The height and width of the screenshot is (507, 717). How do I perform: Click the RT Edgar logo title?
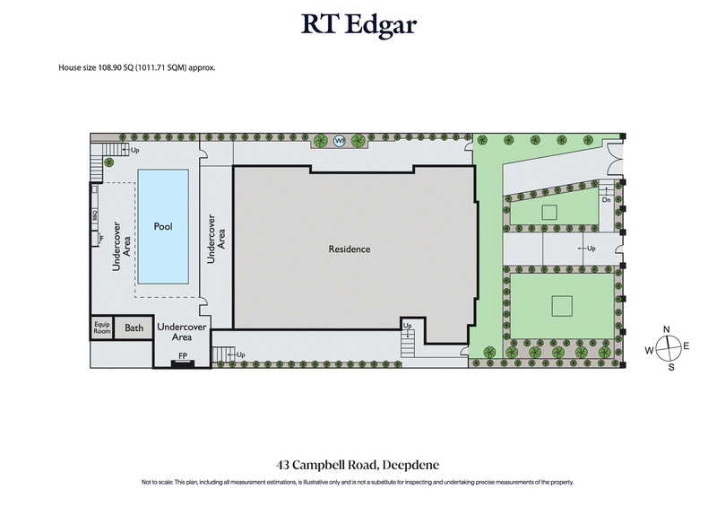click(358, 23)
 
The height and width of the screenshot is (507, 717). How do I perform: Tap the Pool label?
click(162, 226)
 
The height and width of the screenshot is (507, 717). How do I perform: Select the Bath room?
click(134, 328)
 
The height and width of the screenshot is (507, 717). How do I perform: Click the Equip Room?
click(101, 328)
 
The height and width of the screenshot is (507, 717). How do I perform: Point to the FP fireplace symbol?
click(183, 356)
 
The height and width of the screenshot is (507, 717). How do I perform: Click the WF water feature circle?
click(340, 141)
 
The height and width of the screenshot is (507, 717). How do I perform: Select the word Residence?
click(349, 249)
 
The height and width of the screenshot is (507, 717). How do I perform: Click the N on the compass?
click(667, 329)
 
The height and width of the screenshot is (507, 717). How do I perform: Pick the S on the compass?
click(667, 367)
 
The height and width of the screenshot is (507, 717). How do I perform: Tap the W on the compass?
click(648, 348)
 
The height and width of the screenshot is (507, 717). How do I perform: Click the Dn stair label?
click(607, 198)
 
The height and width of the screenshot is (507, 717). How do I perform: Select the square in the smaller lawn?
click(549, 213)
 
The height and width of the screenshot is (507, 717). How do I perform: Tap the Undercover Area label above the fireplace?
click(182, 333)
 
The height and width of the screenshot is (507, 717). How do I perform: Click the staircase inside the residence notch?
click(409, 339)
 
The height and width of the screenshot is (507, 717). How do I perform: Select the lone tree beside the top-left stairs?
click(108, 162)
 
